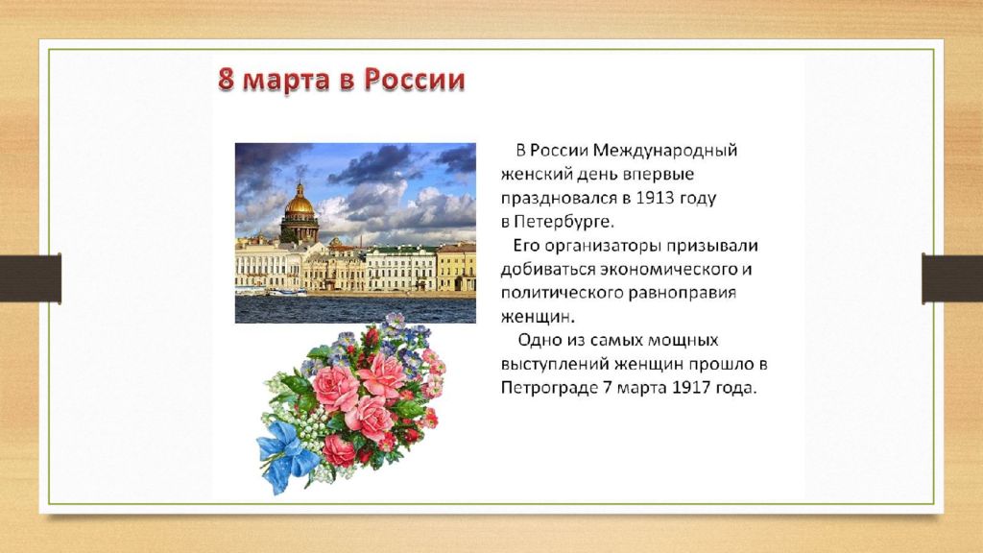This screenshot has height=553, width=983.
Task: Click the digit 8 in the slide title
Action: pyautogui.click(x=226, y=80)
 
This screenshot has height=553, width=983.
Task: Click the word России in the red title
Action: pyautogui.click(x=415, y=80)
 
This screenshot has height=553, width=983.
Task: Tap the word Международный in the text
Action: pyautogui.click(x=665, y=151)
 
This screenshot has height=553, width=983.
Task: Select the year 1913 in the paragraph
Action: pyautogui.click(x=655, y=198)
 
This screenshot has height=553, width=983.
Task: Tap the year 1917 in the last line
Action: pyautogui.click(x=691, y=388)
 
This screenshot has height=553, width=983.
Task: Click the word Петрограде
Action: pyautogui.click(x=549, y=388)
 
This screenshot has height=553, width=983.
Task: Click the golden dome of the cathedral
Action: pyautogui.click(x=300, y=203)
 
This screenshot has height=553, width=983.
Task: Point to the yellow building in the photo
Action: pyautogui.click(x=456, y=268)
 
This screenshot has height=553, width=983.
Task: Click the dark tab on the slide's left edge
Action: pyautogui.click(x=31, y=278)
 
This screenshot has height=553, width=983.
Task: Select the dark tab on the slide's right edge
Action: pyautogui.click(x=952, y=278)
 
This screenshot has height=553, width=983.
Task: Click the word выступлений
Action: pyautogui.click(x=555, y=364)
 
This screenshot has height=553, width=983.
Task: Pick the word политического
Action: pyautogui.click(x=567, y=294)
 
